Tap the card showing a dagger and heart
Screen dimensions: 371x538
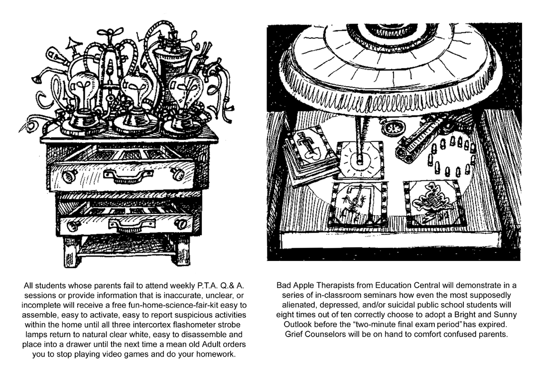pos(306,150)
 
